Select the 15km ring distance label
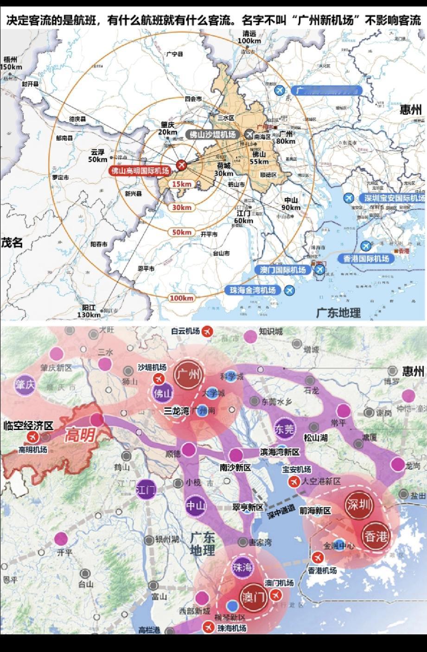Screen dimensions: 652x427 click(x=182, y=184)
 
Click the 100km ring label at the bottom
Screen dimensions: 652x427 click(x=181, y=298)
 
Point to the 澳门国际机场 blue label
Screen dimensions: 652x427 click(x=283, y=270)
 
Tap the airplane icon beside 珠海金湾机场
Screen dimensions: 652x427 click(x=289, y=291)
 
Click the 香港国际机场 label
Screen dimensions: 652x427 click(x=366, y=259)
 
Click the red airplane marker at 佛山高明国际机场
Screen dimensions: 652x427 click(x=181, y=165)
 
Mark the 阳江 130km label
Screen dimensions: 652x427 click(x=91, y=311)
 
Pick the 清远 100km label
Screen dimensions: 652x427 click(x=249, y=37)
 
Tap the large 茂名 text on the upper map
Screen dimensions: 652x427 click(x=12, y=242)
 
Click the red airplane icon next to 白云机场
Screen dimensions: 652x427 click(x=207, y=331)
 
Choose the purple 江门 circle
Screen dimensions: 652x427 click(x=147, y=490)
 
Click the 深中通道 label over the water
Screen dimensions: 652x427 click(x=281, y=511)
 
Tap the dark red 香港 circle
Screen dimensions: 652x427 click(x=376, y=537)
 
